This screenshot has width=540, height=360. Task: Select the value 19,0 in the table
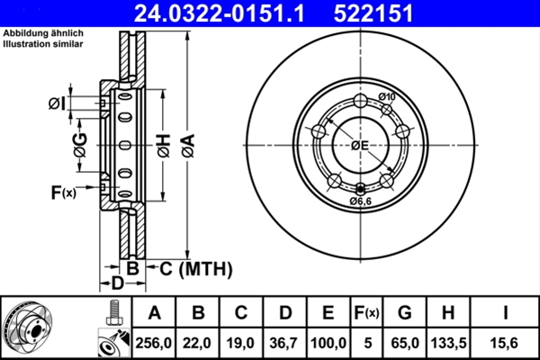(242, 343)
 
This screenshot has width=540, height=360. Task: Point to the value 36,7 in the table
(284, 343)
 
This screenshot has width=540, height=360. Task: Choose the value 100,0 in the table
(328, 343)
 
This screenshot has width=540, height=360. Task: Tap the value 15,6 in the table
(506, 343)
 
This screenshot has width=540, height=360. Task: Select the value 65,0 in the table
(405, 343)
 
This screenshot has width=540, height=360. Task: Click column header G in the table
(405, 314)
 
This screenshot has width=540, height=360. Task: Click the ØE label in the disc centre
(360, 145)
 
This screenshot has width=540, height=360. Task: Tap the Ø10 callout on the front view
(387, 97)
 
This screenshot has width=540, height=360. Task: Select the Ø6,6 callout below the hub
(361, 201)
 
